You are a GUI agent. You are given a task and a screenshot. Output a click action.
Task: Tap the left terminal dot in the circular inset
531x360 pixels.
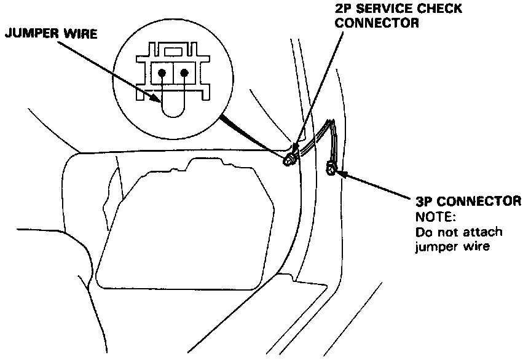162,72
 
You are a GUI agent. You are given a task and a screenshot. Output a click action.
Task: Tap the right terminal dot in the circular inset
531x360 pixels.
184,72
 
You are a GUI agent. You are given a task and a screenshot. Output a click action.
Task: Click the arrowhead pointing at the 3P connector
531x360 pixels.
340,173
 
